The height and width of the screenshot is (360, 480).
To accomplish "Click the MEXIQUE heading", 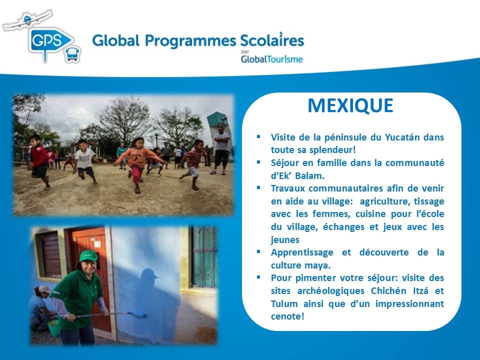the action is (x=350, y=105).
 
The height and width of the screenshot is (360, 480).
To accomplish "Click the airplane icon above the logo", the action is (x=27, y=20).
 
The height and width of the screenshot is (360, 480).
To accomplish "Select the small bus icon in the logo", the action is (x=73, y=54).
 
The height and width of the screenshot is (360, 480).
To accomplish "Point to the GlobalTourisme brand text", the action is (x=272, y=59).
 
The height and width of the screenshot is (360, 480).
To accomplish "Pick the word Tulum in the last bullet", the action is (x=284, y=303).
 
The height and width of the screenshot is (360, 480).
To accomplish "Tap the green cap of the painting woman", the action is (x=88, y=255).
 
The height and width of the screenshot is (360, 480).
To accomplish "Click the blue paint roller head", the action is (x=137, y=314).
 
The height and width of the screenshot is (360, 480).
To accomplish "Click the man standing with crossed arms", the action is (x=221, y=150).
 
